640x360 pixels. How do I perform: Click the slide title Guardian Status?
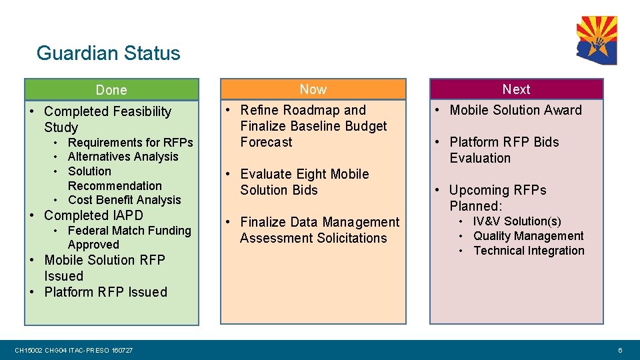[x=108, y=53]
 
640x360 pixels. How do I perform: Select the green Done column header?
[x=111, y=90]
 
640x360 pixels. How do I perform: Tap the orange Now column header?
[x=313, y=89]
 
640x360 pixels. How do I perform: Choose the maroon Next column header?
[x=516, y=89]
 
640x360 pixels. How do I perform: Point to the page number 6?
[x=620, y=350]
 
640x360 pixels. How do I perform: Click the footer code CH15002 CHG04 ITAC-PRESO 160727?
[x=73, y=350]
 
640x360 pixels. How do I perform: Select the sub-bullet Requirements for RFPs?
[x=130, y=143]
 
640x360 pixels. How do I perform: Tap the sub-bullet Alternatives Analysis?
[x=123, y=157]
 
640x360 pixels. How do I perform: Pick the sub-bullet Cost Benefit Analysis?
[x=124, y=200]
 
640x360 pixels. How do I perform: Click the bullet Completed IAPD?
[x=93, y=215]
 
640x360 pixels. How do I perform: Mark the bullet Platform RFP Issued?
[x=105, y=292]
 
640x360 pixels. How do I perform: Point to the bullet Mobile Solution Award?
[x=515, y=110]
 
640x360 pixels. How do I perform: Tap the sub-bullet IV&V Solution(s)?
[x=517, y=221]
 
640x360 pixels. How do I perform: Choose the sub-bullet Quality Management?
[x=528, y=236]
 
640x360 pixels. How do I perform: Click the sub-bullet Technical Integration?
[x=529, y=251]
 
